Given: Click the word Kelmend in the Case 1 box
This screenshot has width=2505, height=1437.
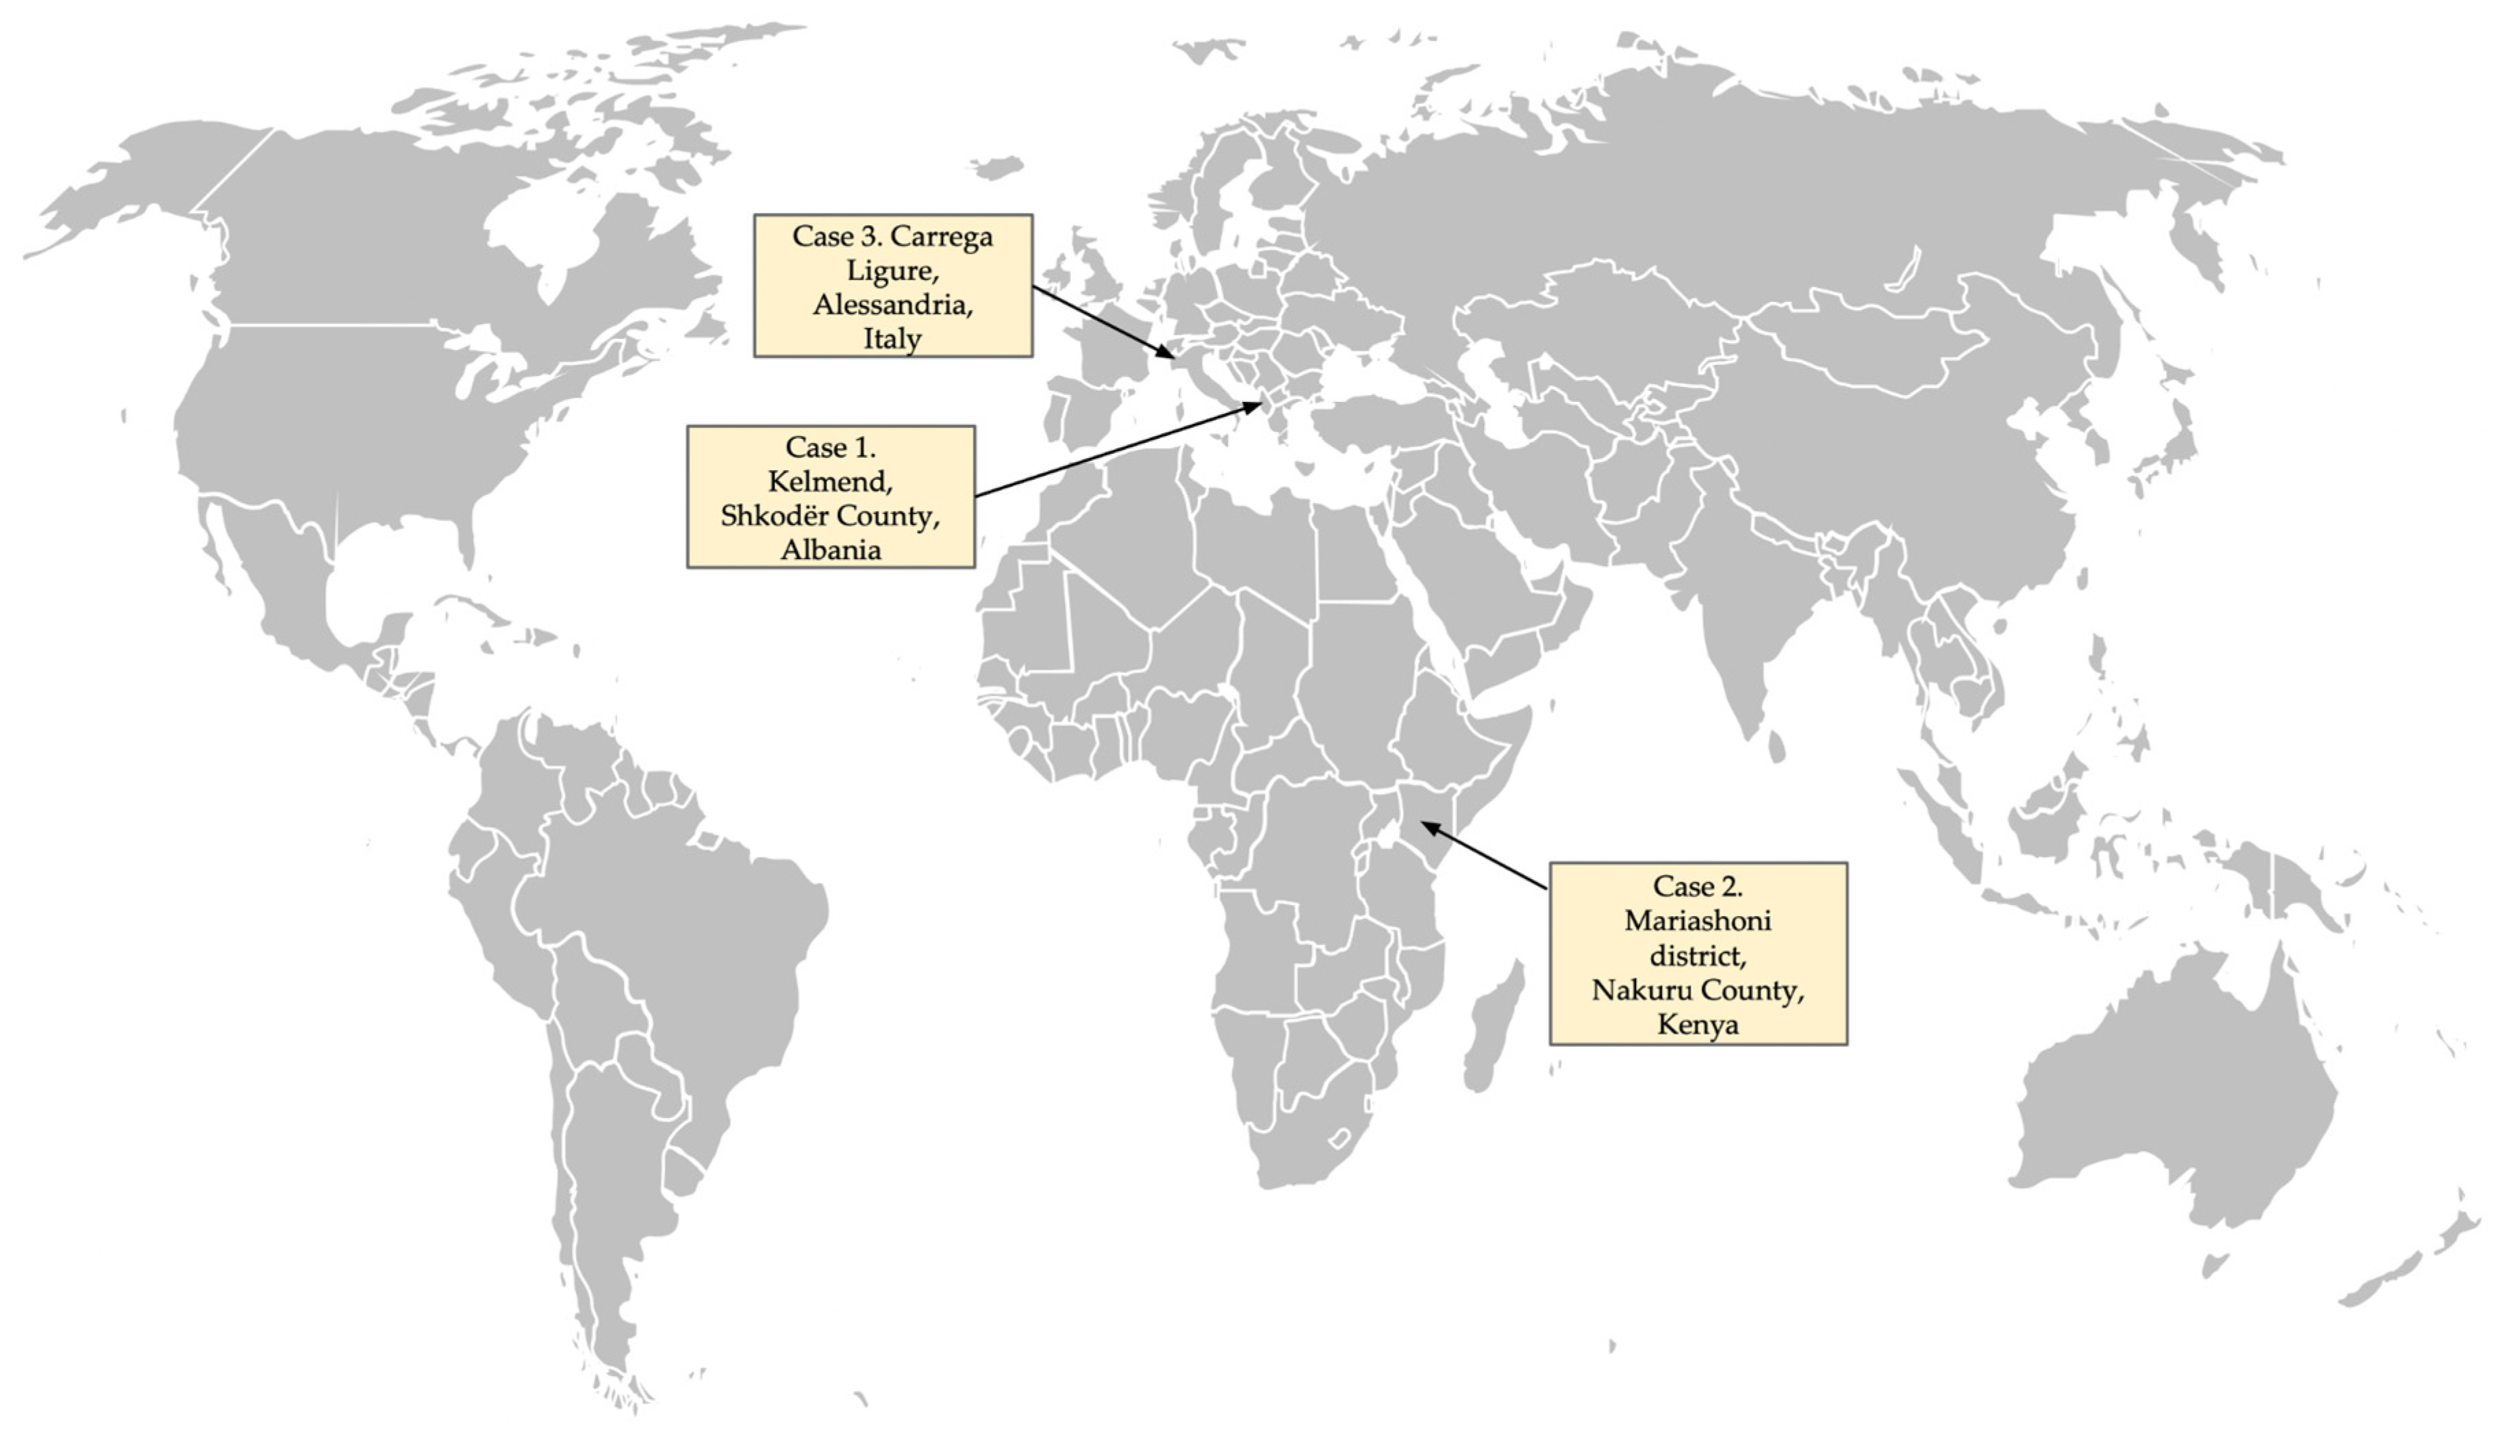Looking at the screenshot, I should tap(829, 482).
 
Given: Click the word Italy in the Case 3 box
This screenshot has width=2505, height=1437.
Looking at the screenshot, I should tap(892, 338).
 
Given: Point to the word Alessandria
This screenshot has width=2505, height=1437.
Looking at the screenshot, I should tap(892, 304).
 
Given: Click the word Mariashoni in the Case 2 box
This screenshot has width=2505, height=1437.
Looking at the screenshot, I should tap(1697, 921).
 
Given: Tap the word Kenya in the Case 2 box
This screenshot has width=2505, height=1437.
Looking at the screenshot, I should tap(1697, 1023).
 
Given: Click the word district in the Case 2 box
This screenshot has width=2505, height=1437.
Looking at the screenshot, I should tap(1697, 955).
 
